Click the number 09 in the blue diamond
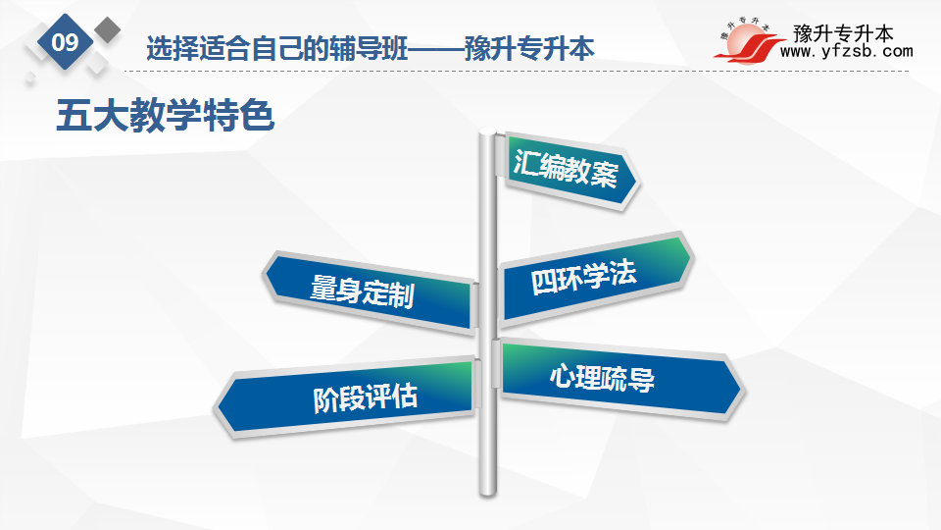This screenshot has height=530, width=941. click(x=65, y=42)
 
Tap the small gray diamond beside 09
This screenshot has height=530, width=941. click(x=107, y=30)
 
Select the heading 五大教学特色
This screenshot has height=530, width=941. click(x=165, y=116)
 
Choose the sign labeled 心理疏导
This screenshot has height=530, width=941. click(x=619, y=379)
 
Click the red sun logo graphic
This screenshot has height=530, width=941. click(x=748, y=42)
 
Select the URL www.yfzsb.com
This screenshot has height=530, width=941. click(x=846, y=52)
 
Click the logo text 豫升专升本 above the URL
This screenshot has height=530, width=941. click(x=843, y=33)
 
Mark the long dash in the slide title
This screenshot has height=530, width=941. click(x=436, y=49)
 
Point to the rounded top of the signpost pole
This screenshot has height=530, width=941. click(x=487, y=131)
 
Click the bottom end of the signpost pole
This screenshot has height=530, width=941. click(x=488, y=493)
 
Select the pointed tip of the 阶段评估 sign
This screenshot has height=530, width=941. click(x=215, y=407)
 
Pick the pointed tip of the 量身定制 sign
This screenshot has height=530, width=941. click(x=263, y=276)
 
